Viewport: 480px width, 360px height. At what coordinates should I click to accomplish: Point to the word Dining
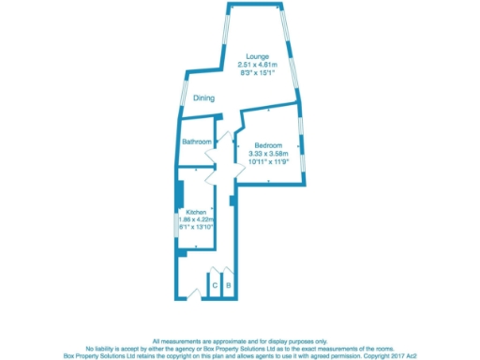pos(203,98)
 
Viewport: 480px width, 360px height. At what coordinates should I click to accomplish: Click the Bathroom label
pos(196,142)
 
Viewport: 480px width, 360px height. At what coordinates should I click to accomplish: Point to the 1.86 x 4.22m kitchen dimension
pos(196,219)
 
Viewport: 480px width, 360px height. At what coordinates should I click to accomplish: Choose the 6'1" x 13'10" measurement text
pos(196,227)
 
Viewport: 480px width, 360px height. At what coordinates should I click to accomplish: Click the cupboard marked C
pos(215,284)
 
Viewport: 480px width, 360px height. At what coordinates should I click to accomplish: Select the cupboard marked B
pos(228,284)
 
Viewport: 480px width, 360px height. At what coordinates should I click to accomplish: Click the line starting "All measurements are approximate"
pos(240,340)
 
